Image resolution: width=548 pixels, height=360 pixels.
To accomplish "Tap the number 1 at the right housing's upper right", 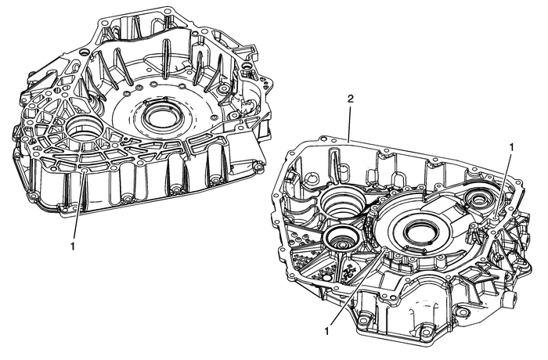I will (512, 146).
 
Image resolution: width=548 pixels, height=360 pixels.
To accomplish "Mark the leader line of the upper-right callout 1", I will (504, 188).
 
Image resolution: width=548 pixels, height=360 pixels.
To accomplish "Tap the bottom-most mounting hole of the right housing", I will (427, 333).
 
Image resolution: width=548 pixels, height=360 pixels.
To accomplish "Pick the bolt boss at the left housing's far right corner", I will (256, 167).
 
